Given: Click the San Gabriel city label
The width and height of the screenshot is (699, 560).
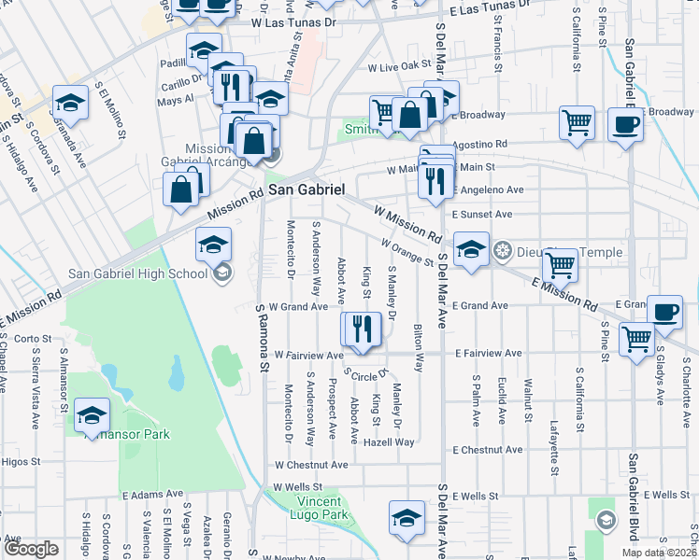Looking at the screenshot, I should [307, 189].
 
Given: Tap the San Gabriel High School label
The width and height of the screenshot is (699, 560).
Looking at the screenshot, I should [138, 273].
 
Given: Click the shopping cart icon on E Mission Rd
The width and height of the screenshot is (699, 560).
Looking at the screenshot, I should [560, 265].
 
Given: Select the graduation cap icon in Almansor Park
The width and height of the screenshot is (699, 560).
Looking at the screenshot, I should [93, 414].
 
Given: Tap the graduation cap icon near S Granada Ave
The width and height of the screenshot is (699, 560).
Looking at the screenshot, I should [70, 101].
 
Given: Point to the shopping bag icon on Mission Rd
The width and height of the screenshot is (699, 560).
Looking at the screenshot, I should [181, 190].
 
